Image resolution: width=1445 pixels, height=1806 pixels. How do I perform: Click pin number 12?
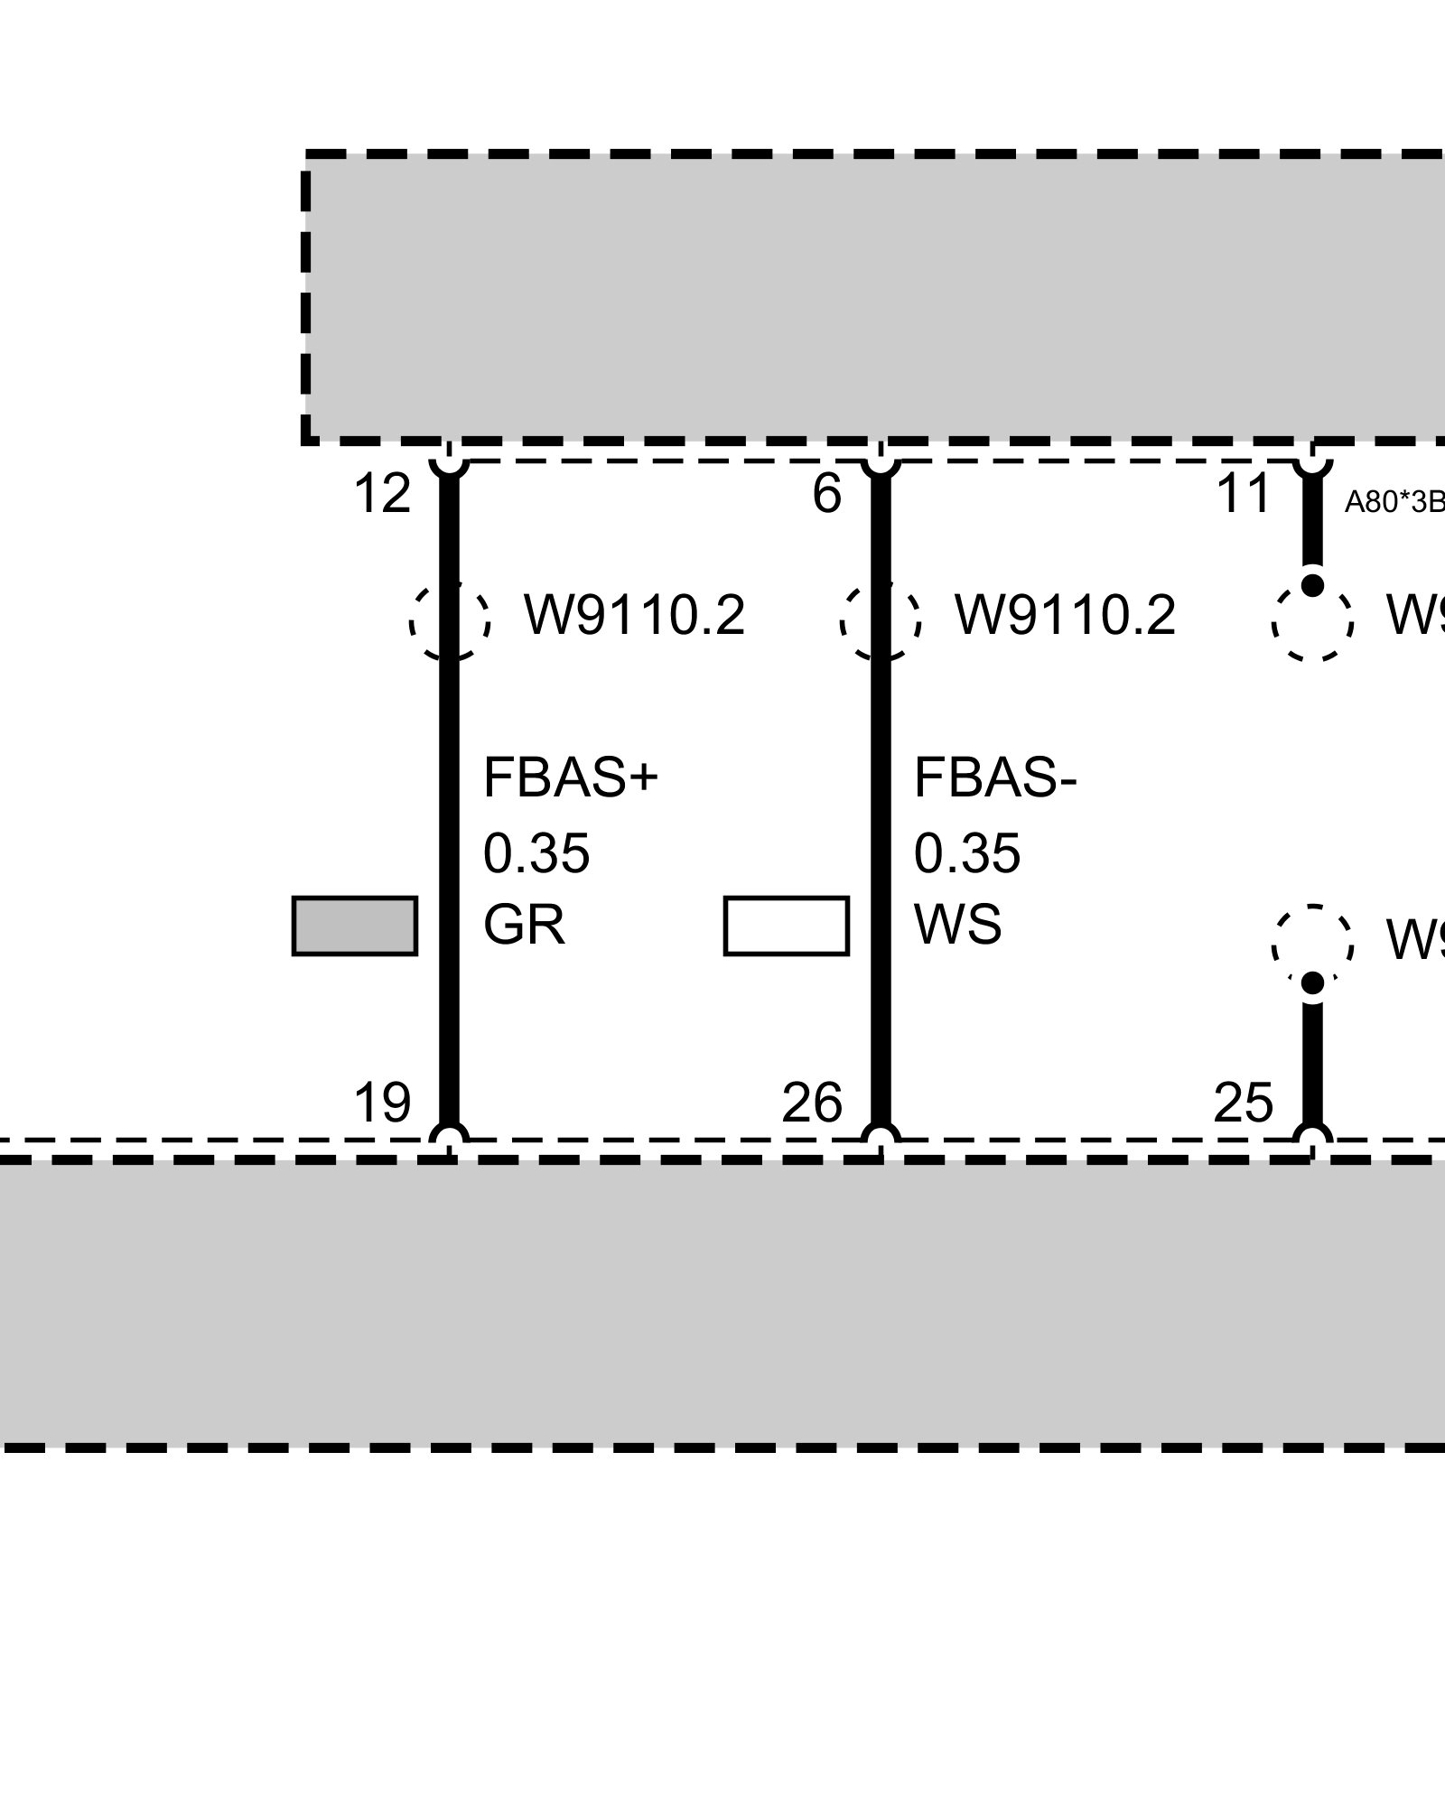click(x=381, y=495)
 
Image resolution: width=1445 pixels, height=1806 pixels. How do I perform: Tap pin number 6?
click(x=826, y=495)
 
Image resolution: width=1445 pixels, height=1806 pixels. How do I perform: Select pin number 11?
click(x=1244, y=495)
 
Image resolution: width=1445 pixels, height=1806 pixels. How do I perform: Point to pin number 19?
click(x=381, y=1103)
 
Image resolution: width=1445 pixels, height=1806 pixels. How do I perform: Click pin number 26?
click(x=812, y=1103)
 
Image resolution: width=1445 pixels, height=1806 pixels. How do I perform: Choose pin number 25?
click(x=1243, y=1103)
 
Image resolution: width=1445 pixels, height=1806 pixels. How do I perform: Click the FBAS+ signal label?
click(x=571, y=778)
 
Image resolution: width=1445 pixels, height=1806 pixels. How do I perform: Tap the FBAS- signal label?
click(x=995, y=778)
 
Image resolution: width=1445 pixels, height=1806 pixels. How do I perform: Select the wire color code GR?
click(x=524, y=926)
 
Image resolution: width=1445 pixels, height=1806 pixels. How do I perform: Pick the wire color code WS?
click(x=957, y=926)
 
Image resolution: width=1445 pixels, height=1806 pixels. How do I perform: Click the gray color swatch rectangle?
click(x=355, y=926)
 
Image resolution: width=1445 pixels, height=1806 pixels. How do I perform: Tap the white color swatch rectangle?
click(x=786, y=926)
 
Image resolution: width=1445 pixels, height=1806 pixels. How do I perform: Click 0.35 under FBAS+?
click(x=536, y=853)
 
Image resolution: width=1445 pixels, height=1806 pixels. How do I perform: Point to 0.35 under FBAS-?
click(x=967, y=853)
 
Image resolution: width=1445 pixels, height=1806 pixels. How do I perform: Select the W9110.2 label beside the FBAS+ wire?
click(x=635, y=616)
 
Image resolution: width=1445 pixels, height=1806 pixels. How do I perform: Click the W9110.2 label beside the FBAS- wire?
click(x=1066, y=616)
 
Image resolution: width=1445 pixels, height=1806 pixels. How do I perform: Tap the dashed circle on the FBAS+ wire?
click(x=450, y=620)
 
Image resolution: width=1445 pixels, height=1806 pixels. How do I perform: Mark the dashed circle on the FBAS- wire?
click(x=881, y=620)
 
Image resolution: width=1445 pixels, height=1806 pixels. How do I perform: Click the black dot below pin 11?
click(x=1313, y=585)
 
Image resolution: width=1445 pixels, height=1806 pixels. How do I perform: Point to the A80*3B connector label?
click(x=1394, y=502)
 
